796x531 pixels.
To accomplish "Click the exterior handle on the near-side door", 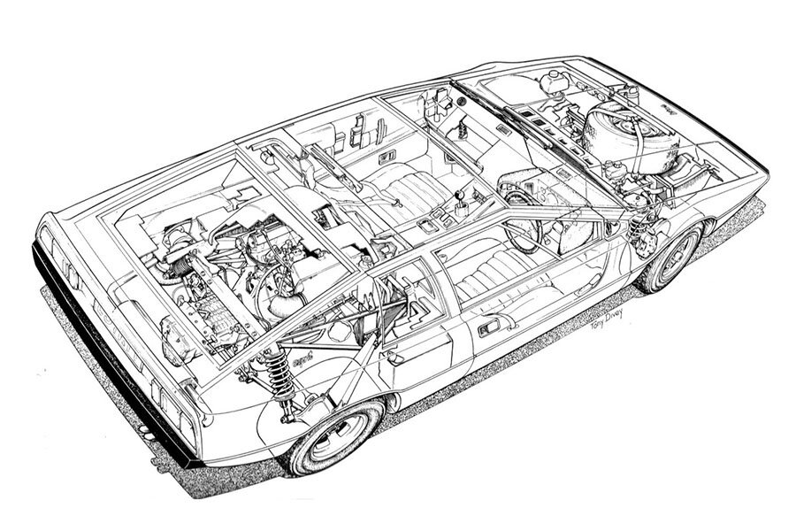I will click(x=488, y=330).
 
